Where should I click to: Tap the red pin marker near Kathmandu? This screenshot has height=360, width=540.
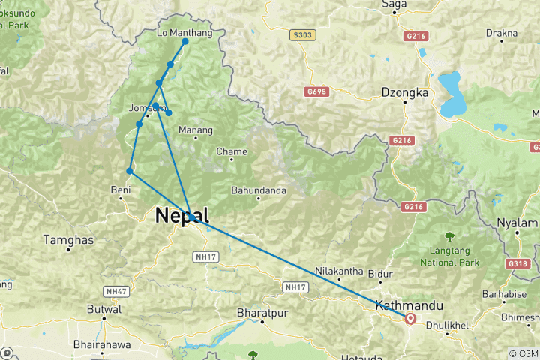(410, 319)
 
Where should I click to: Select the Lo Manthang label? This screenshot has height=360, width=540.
(185, 33)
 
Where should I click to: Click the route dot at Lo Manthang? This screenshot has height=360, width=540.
(185, 41)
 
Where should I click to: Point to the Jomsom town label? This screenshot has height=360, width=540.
(146, 107)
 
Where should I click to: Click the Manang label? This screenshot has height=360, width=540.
(196, 130)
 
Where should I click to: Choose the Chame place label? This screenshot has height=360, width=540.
(232, 151)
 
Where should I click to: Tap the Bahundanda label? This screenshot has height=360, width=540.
(259, 190)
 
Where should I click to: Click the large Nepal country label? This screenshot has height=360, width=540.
(181, 216)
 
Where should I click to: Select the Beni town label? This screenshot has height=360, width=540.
(121, 189)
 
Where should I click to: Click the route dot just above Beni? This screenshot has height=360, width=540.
(130, 171)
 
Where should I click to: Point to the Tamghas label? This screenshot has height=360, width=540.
(68, 239)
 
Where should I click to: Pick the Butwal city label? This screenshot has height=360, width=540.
(105, 309)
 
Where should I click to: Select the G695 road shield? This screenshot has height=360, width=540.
(318, 91)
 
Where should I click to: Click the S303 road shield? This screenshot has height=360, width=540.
(301, 34)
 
